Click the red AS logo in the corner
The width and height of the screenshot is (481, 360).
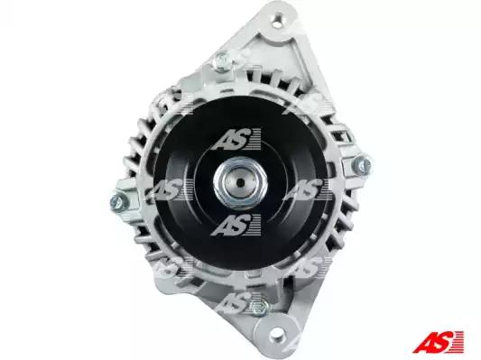(x=438, y=342)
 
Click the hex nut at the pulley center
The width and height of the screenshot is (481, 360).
(x=240, y=182)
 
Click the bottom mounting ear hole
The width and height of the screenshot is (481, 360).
(x=277, y=332)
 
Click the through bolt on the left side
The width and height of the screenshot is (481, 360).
(x=119, y=202)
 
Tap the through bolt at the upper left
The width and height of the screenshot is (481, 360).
(x=222, y=60)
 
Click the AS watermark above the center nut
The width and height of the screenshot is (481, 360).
(x=236, y=139)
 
